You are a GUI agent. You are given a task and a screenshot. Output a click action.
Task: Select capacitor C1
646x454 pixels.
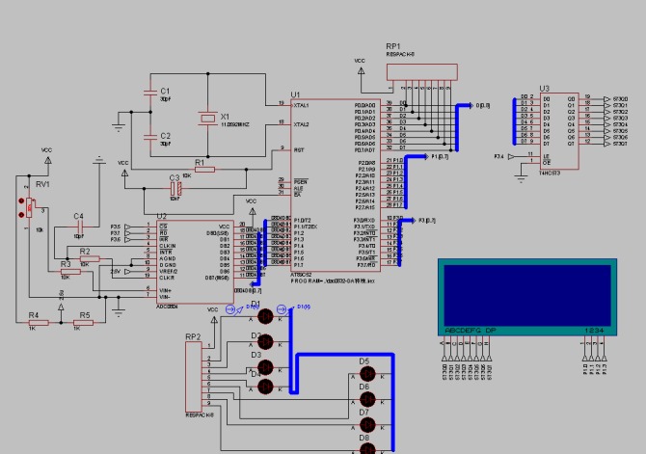point(148,93)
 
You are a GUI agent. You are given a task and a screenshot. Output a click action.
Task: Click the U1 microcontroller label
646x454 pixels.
point(296,94)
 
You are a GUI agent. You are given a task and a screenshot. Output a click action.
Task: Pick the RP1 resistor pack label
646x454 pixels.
point(392,45)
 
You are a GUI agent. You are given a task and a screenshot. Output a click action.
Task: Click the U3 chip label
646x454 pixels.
point(545,88)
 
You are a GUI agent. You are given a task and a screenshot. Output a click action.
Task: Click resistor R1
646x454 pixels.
point(200,170)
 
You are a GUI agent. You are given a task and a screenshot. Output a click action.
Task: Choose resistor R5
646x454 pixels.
point(85,323)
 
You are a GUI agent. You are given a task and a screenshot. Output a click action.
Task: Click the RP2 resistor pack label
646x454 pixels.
point(193,337)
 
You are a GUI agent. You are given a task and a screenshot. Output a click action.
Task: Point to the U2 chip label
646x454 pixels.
point(162,217)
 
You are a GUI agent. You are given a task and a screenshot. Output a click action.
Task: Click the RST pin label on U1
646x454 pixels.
point(299,149)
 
